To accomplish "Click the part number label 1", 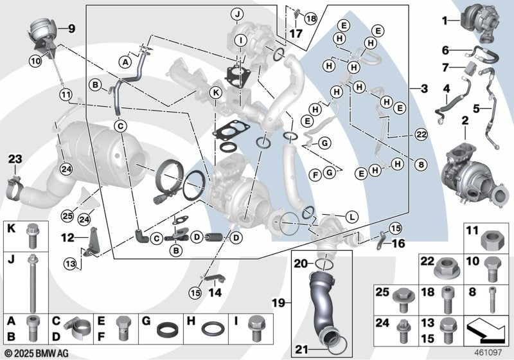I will (x=443, y=21).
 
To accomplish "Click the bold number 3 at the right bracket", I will (x=425, y=87).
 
